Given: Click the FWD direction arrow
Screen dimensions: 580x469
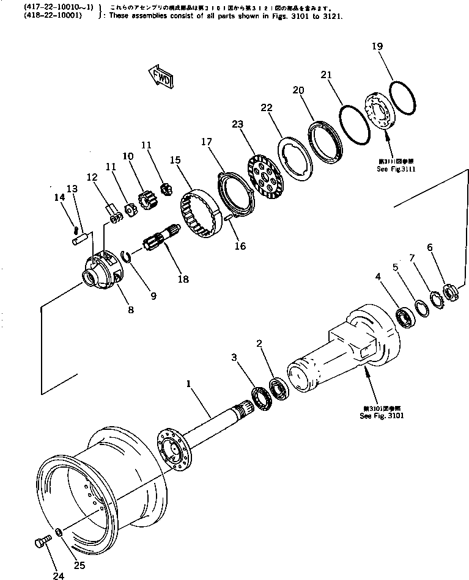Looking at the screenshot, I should tap(160, 76).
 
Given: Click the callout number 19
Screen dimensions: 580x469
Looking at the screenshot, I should tap(378, 46).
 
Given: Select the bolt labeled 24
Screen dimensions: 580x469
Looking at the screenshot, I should tap(41, 543).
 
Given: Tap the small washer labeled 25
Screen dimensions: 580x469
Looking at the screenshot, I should tap(58, 532).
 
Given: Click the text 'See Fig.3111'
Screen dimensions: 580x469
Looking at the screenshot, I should tap(396, 169).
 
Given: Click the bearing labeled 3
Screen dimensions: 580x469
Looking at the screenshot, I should tap(261, 399).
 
